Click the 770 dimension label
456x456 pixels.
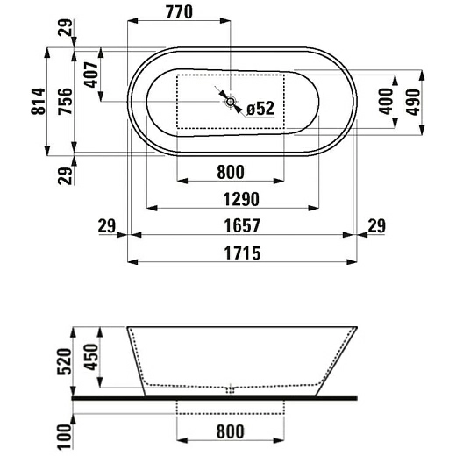(179, 12)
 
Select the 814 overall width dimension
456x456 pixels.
(38, 101)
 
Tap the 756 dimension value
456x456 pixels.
(65, 101)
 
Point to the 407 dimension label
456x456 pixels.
(91, 75)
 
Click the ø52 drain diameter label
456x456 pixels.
(260, 108)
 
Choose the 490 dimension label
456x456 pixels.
(413, 103)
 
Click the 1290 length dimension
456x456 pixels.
(241, 199)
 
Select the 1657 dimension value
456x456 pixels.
(242, 225)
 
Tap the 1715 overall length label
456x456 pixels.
(242, 253)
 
